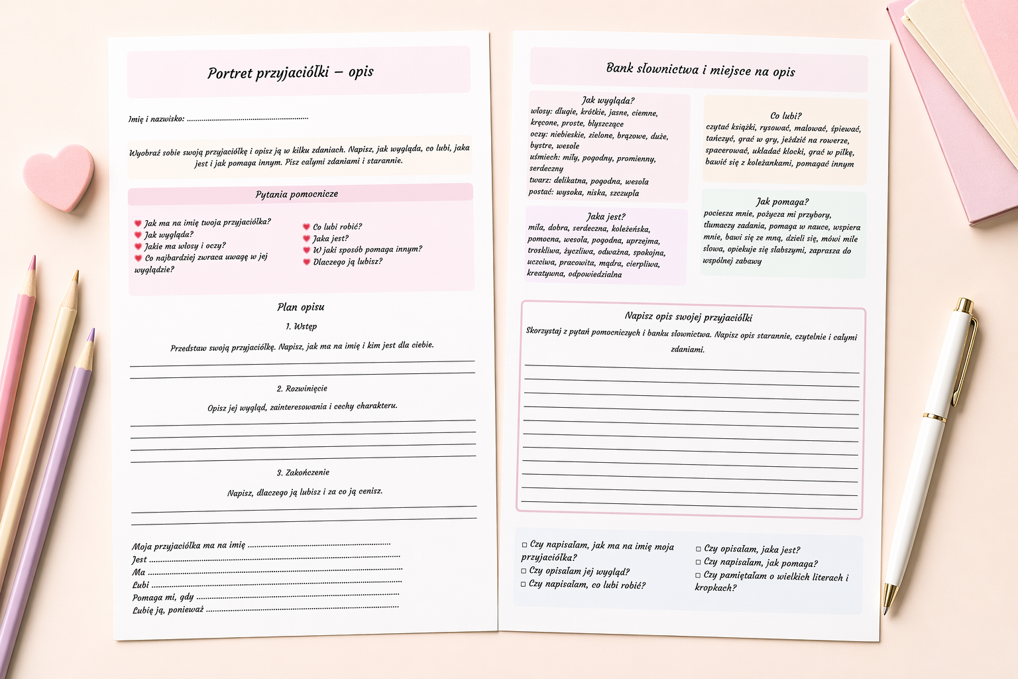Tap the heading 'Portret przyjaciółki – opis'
click(x=290, y=72)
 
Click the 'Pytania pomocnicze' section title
click(x=297, y=194)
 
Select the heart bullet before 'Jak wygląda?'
click(x=138, y=235)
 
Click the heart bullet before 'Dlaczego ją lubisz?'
click(x=306, y=263)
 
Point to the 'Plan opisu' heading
click(x=301, y=307)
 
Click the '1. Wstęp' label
click(x=301, y=326)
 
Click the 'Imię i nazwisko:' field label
click(x=156, y=119)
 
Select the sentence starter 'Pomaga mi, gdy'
click(x=163, y=597)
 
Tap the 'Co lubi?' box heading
click(x=786, y=115)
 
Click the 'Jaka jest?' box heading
click(x=606, y=217)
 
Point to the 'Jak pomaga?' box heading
click(x=782, y=202)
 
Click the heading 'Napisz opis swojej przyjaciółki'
click(x=688, y=317)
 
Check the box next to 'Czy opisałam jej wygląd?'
click(x=524, y=571)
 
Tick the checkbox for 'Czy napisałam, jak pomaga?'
click(x=699, y=562)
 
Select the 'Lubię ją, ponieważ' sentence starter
click(x=168, y=610)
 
